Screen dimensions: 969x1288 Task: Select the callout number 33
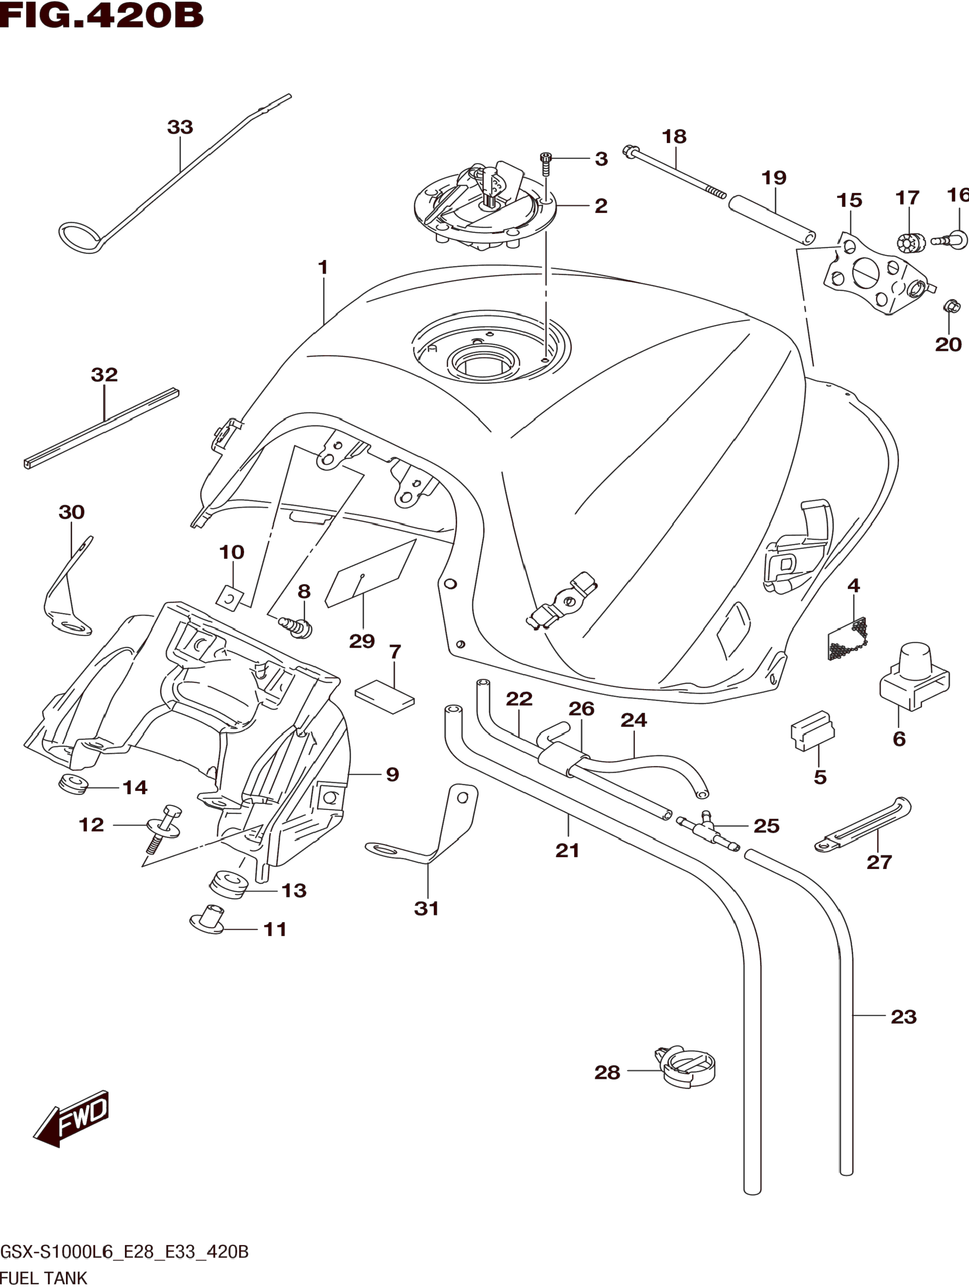180,127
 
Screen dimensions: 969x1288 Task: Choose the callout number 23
903,1017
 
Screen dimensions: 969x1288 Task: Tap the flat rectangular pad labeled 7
385,696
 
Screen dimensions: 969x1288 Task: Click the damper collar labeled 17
910,243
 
